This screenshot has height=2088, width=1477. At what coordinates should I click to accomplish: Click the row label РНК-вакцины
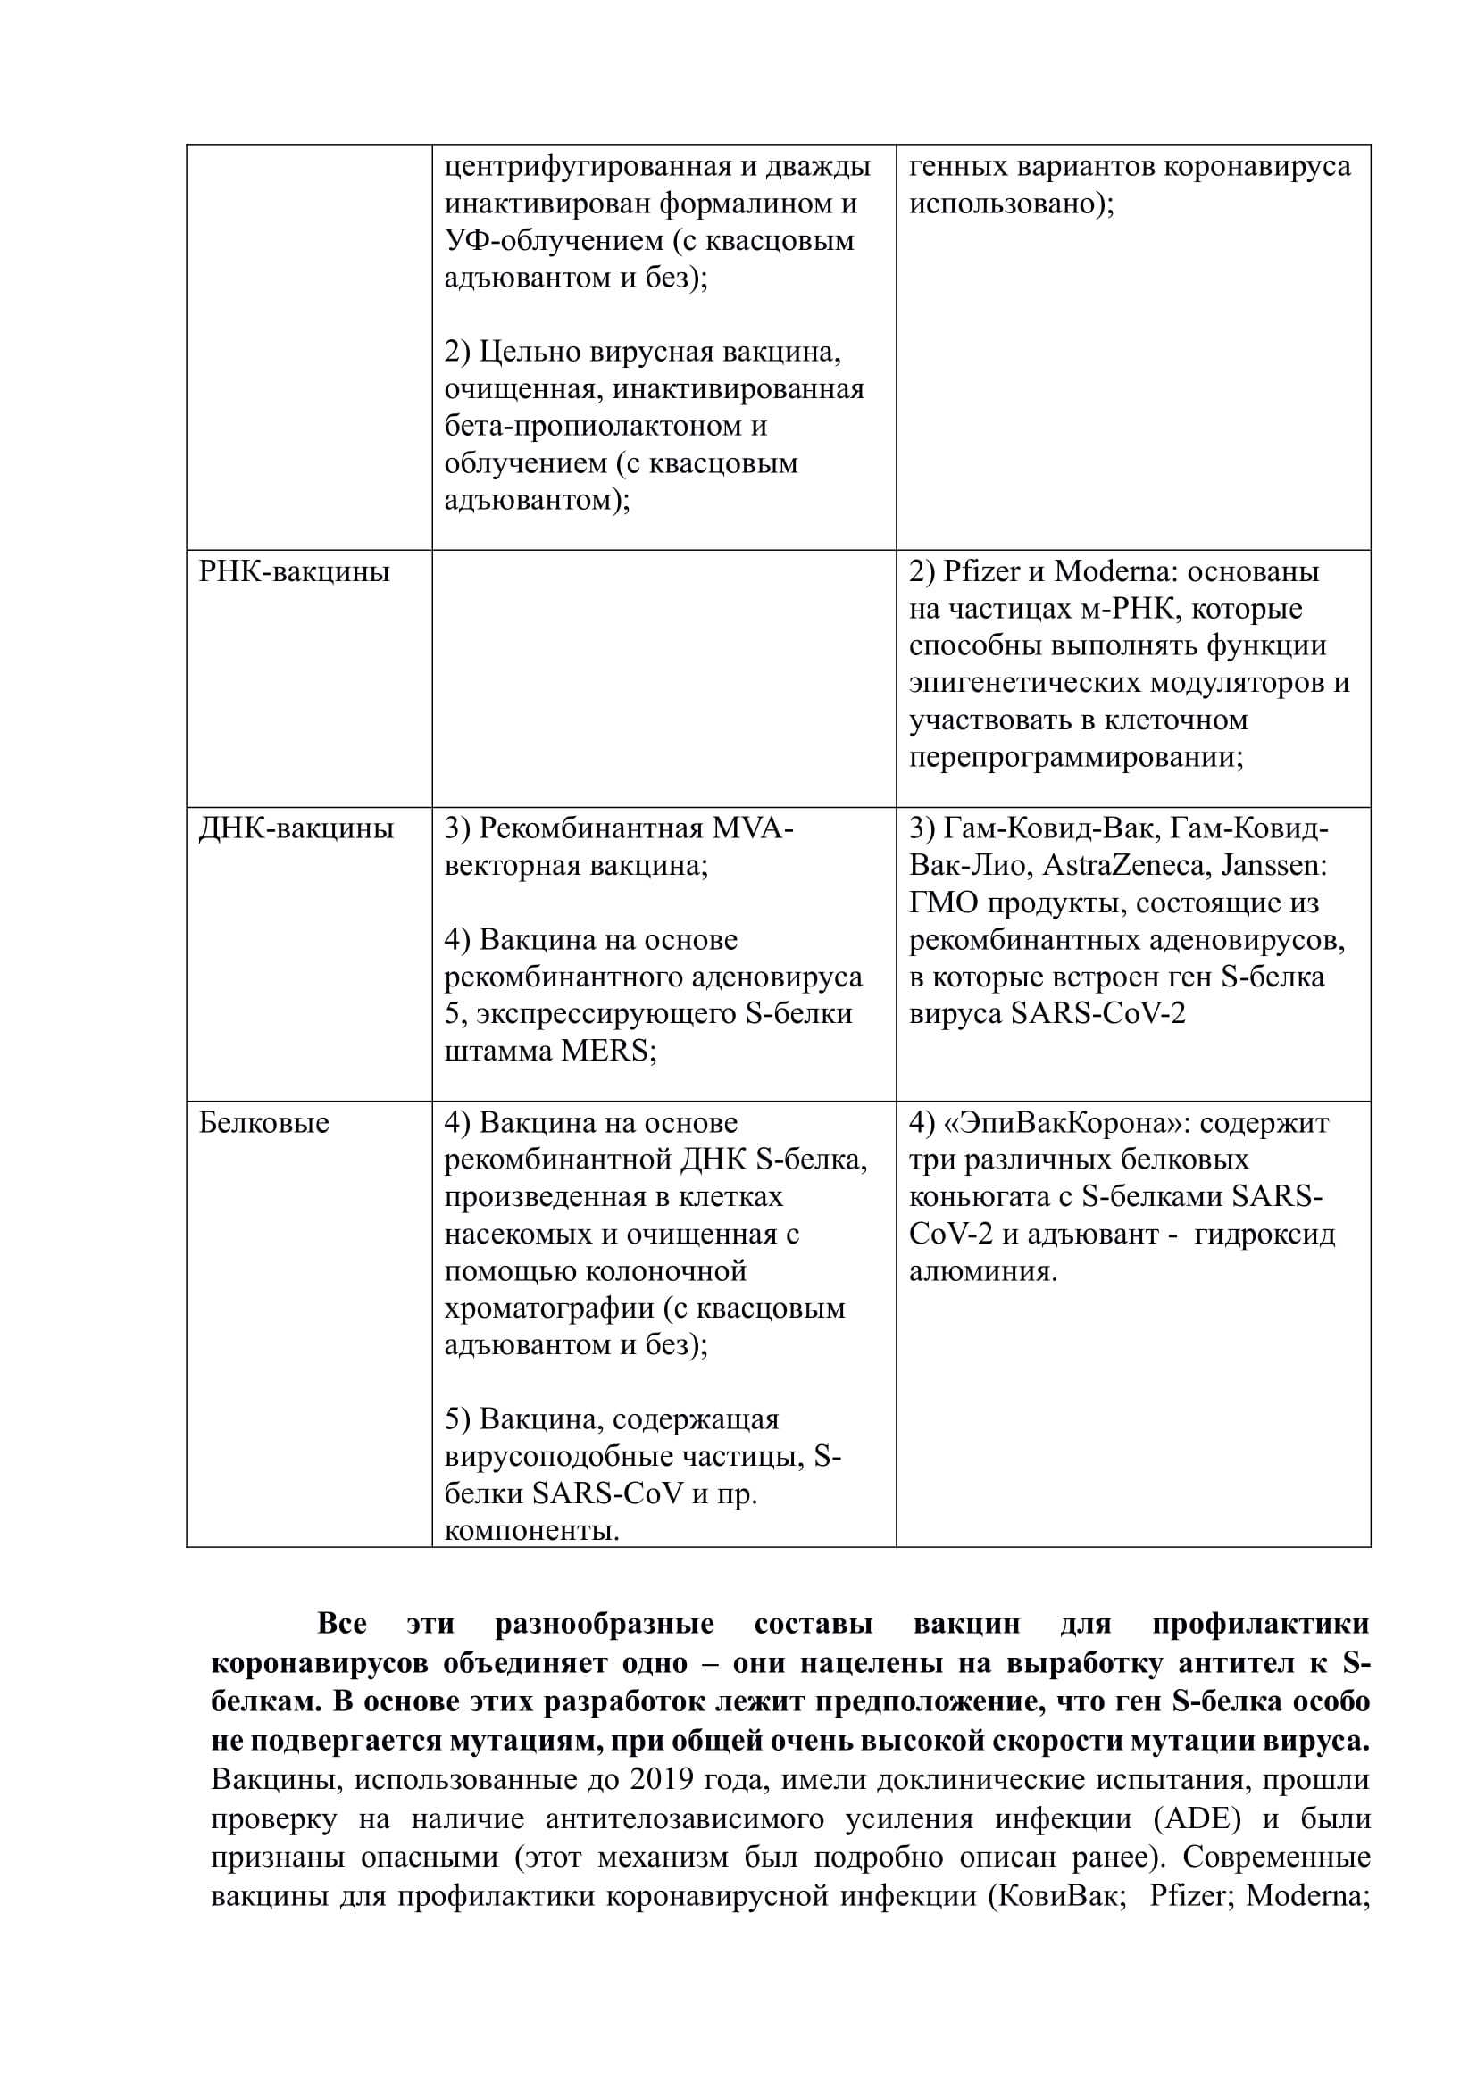click(294, 572)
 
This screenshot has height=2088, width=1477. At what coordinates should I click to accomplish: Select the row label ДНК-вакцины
click(296, 829)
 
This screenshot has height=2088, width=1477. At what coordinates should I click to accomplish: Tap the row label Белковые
click(263, 1123)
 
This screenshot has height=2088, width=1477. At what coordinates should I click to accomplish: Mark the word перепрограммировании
click(1076, 758)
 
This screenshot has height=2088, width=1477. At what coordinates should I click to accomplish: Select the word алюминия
click(982, 1270)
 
